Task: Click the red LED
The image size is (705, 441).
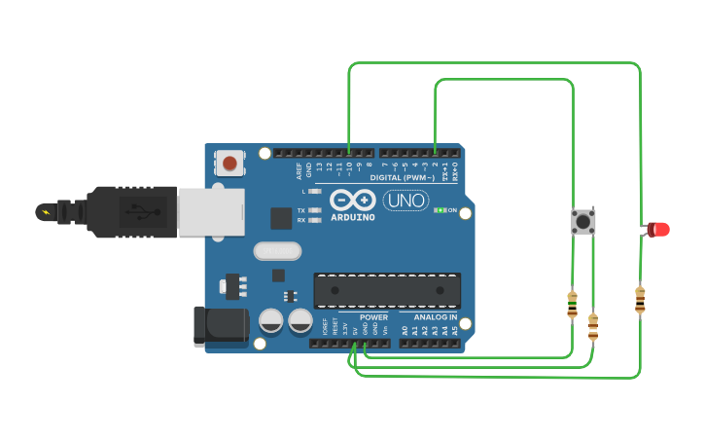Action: coord(659,230)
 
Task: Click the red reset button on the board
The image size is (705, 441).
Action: coord(229,163)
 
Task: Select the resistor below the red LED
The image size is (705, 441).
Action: coord(640,299)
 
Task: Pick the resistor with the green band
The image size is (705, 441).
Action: coord(572,305)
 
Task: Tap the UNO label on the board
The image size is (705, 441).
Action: coord(405,201)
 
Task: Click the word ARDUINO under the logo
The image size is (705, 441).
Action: coord(351,217)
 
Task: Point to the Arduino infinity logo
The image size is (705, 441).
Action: coord(351,201)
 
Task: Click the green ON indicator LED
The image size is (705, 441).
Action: coord(440,210)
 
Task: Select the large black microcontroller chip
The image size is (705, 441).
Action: coord(387,290)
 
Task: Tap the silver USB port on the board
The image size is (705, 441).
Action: coord(210,211)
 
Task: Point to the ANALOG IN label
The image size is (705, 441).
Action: coord(435,317)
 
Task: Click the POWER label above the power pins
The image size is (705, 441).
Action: coord(373,317)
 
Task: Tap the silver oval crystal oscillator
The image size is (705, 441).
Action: coord(277,251)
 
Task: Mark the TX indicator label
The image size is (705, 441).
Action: coord(301,210)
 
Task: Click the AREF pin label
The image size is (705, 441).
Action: coord(300,170)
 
